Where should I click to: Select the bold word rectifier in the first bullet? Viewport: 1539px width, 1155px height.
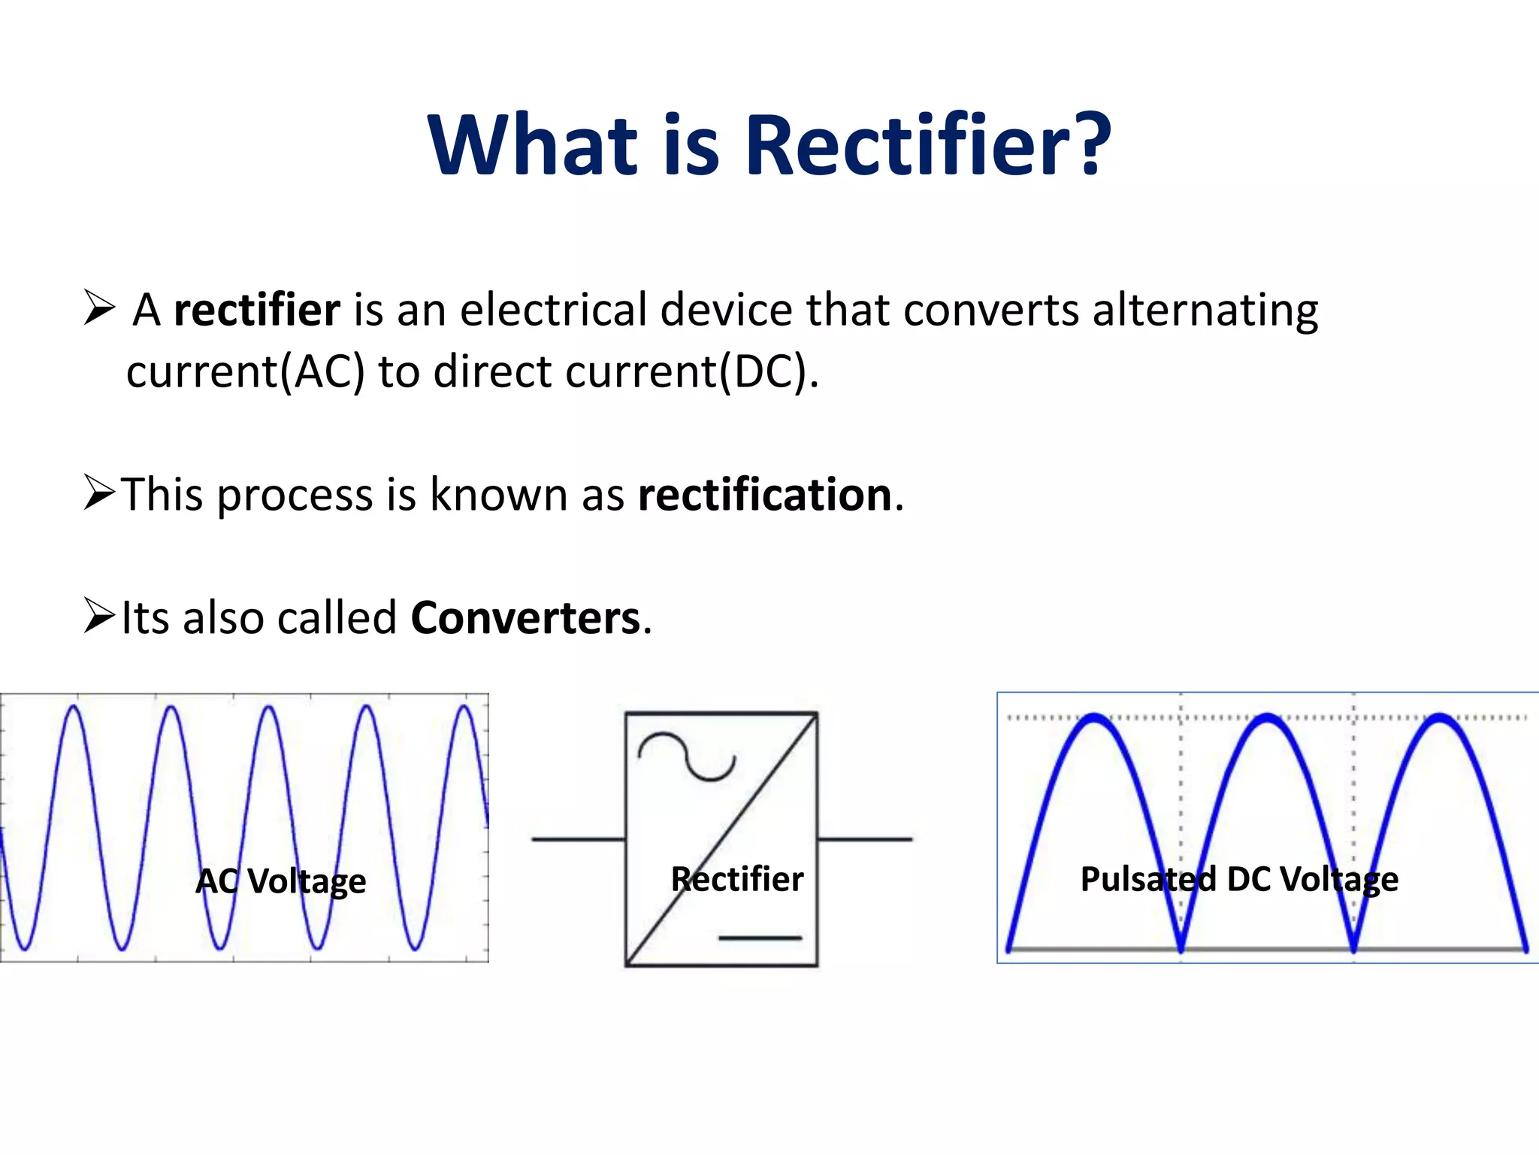(x=257, y=310)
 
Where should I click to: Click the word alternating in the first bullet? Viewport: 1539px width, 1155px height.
(x=1205, y=311)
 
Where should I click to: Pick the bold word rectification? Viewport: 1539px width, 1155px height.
(x=765, y=496)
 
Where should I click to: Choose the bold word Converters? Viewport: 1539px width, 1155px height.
(x=525, y=619)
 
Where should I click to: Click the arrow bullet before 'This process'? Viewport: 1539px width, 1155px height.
(x=99, y=493)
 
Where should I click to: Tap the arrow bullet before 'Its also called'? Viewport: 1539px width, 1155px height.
(x=99, y=616)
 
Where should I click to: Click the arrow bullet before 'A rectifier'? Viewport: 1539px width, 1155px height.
(x=99, y=308)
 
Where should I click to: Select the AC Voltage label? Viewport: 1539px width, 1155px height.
(x=281, y=881)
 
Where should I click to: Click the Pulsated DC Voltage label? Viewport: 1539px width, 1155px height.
(x=1239, y=880)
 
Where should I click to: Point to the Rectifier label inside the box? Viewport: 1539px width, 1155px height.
(x=737, y=880)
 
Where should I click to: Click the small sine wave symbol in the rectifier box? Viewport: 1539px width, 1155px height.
(x=686, y=756)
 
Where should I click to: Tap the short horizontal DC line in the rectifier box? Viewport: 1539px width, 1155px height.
(x=760, y=938)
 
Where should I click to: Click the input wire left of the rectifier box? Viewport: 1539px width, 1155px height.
(x=578, y=839)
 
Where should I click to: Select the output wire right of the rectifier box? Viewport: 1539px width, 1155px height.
(x=865, y=839)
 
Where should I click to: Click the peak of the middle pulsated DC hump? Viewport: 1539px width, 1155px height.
(x=1268, y=718)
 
